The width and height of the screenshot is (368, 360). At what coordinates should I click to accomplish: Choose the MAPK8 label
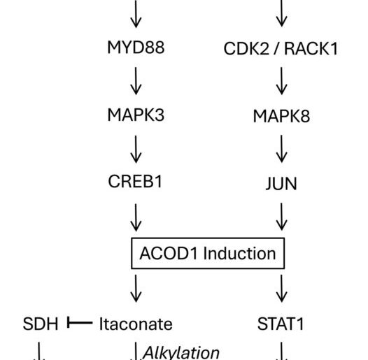(x=281, y=116)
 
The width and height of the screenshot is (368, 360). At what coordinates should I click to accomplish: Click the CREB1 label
(x=136, y=183)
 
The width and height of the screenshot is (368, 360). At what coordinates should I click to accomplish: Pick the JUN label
(x=282, y=185)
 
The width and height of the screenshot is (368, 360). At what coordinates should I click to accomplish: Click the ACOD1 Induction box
(x=208, y=252)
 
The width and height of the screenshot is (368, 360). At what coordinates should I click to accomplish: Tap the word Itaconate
(x=136, y=324)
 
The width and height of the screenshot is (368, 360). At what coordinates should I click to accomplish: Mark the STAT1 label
(x=282, y=324)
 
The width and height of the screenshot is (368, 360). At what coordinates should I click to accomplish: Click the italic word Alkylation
(x=181, y=352)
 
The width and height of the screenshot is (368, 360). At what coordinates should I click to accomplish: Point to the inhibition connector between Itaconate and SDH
(x=78, y=323)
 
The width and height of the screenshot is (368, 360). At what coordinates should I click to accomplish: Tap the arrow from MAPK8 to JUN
(x=282, y=150)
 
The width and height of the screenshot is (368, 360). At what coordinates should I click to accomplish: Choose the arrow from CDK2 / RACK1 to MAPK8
(x=282, y=82)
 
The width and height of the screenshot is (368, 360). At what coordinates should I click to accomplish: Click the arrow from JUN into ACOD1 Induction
(x=282, y=217)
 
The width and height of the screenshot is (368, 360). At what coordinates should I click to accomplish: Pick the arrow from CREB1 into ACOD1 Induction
(x=136, y=217)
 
